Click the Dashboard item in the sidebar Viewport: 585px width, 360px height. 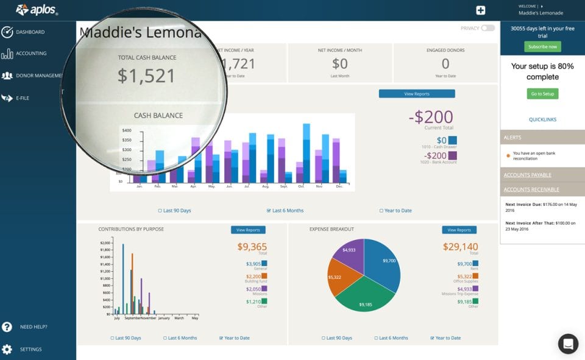[x=30, y=32]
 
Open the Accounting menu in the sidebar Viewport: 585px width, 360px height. [x=31, y=54]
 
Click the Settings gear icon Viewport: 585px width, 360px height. [x=7, y=350]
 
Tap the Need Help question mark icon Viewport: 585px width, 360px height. [x=7, y=327]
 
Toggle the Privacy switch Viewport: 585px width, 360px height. [x=487, y=28]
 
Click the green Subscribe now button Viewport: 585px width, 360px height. [x=542, y=47]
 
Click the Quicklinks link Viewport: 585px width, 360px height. [x=542, y=120]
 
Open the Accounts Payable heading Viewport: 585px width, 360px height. [x=528, y=175]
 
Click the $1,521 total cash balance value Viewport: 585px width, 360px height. [x=146, y=76]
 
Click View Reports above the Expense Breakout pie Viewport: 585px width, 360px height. [x=459, y=230]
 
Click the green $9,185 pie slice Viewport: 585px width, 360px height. [x=366, y=298]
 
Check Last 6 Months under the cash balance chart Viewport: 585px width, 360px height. [x=285, y=211]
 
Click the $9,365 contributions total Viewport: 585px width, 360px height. [x=252, y=247]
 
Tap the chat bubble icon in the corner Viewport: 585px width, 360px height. [x=568, y=344]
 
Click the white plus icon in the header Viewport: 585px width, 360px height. [x=481, y=10]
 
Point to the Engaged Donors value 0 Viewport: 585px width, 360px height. [x=445, y=64]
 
